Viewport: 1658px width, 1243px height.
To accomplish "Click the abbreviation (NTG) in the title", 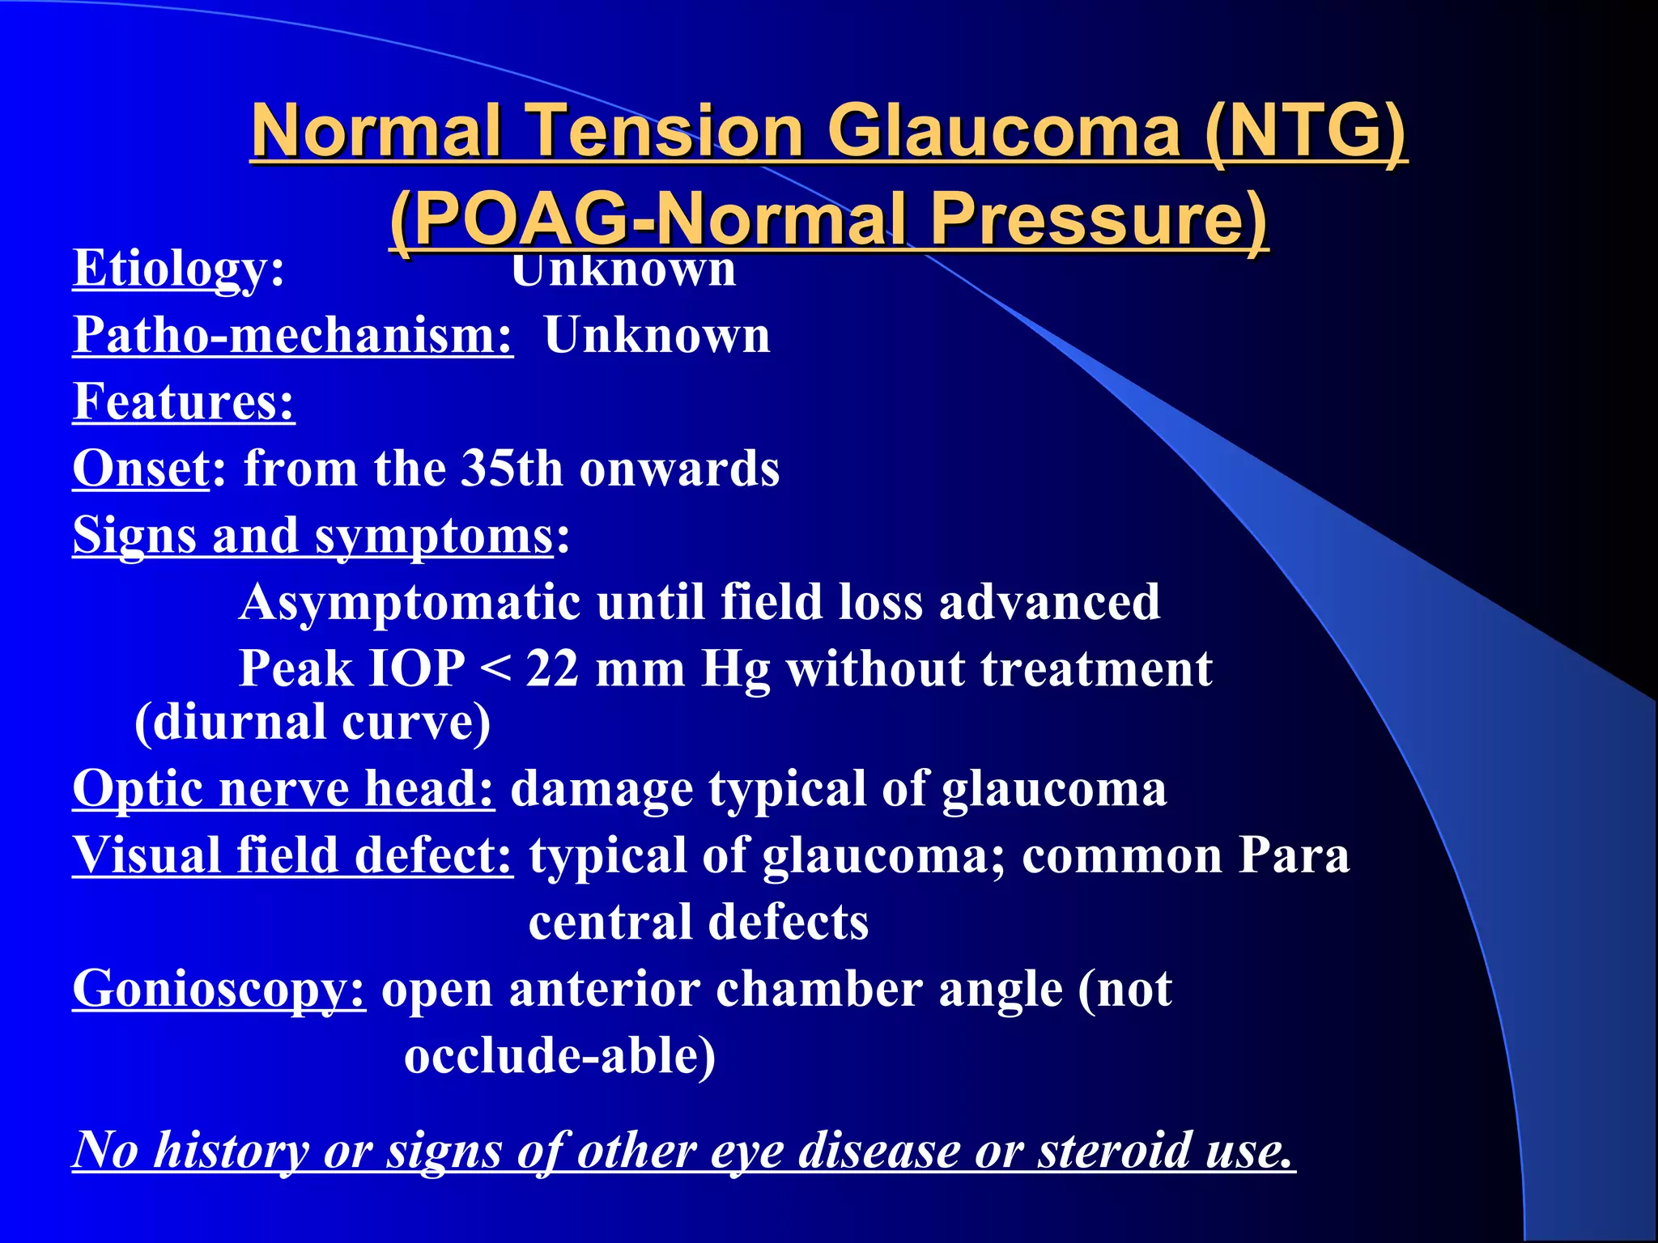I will click(1305, 131).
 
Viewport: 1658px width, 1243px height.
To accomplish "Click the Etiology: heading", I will click(178, 269).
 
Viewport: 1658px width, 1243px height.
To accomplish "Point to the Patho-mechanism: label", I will click(293, 335).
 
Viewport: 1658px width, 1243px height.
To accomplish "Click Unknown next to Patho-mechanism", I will click(657, 335).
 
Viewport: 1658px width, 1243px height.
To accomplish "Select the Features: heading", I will click(184, 402).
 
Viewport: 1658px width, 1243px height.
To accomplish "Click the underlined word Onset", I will click(141, 469).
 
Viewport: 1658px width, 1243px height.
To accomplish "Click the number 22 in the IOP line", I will click(552, 669).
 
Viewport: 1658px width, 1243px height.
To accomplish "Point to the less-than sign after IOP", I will click(495, 671).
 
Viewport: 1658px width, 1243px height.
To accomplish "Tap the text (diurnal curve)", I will click(312, 722).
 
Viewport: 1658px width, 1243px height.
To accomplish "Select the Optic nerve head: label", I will click(283, 788).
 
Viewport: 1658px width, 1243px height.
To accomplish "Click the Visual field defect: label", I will click(292, 855).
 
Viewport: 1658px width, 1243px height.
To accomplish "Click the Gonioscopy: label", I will click(219, 989).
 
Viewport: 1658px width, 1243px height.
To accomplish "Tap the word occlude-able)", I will click(559, 1056).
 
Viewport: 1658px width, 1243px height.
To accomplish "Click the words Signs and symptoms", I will click(312, 536).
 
